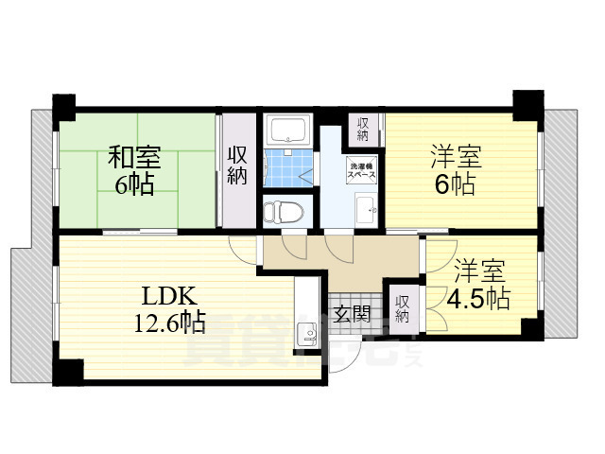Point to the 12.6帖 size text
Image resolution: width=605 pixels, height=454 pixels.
[169, 323]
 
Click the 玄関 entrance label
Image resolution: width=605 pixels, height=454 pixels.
[352, 315]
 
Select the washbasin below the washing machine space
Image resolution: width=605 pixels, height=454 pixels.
[364, 209]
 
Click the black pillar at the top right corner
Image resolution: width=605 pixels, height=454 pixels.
[525, 103]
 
